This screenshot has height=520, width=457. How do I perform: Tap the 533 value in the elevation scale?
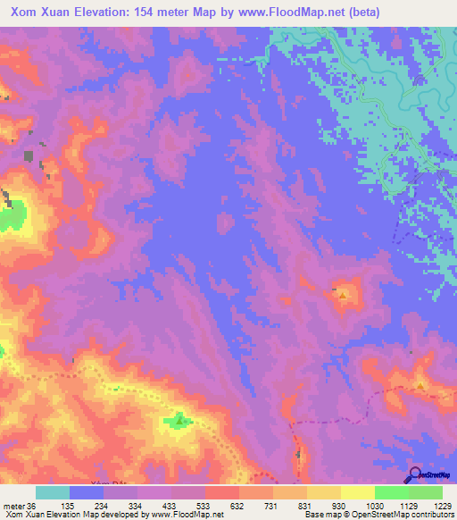coord(204,505)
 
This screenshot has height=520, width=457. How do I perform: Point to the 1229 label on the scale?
coord(432,505)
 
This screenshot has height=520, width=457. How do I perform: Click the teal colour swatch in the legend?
coord(53,492)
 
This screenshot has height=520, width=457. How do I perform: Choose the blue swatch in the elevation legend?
coord(87,492)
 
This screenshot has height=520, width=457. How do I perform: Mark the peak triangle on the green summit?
coord(179,417)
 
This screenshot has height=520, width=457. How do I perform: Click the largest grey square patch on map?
coord(29,156)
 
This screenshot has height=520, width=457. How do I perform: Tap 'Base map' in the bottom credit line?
coord(319,515)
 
